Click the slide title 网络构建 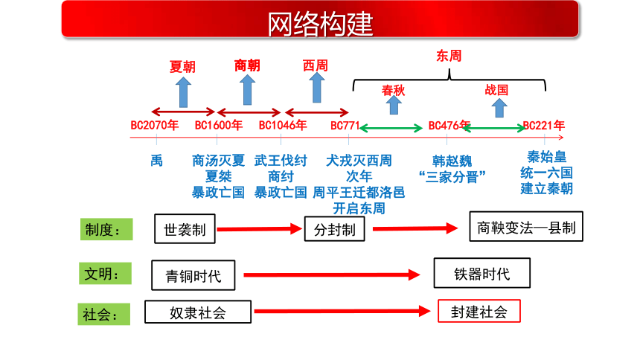tap(320, 24)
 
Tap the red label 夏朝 tap(182, 66)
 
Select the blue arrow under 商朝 tap(247, 90)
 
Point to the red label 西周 tap(315, 65)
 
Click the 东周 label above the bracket tap(449, 56)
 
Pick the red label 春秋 tap(393, 90)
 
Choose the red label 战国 tap(496, 90)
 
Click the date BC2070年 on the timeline tap(154, 125)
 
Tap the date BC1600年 tap(218, 125)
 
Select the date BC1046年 tap(283, 125)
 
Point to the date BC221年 tap(544, 125)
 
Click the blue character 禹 tap(156, 161)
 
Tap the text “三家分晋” tap(452, 177)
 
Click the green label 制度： tap(106, 229)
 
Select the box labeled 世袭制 tap(185, 229)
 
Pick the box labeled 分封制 tap(334, 229)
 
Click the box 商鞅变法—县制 tap(526, 227)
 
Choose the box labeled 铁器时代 tap(482, 273)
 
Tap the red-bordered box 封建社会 tap(479, 311)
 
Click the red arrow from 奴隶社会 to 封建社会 tap(342, 312)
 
